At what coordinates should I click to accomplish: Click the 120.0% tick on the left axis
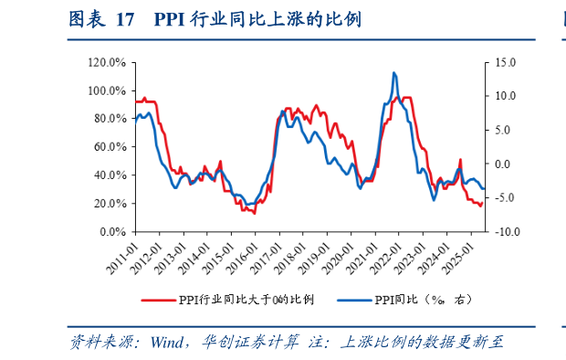[x=108, y=62]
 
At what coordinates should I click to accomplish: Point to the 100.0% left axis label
[x=108, y=90]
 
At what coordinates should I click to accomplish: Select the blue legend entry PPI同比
[x=402, y=299]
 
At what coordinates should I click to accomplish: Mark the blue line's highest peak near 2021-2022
[x=393, y=72]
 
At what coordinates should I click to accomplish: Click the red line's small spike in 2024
[x=460, y=160]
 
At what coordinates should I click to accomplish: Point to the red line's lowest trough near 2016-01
[x=255, y=214]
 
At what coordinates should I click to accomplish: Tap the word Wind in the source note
[x=169, y=344]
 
